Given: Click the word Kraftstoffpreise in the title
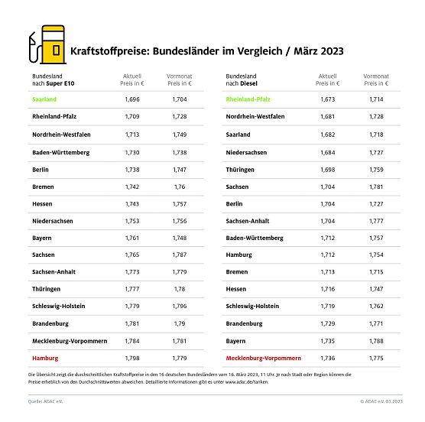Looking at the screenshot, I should [x=102, y=51].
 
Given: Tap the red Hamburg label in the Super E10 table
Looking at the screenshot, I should [x=45, y=357].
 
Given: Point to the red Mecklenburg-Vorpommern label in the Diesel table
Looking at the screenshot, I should [x=264, y=357].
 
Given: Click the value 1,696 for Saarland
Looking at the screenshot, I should [x=131, y=99].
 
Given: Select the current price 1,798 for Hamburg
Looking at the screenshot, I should [x=131, y=357].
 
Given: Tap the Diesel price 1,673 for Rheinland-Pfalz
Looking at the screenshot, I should [x=326, y=99].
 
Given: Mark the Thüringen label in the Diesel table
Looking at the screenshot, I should [x=242, y=168].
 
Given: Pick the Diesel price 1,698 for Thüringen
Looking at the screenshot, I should [x=326, y=168].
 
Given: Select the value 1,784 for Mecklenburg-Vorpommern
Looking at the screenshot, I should [x=131, y=340].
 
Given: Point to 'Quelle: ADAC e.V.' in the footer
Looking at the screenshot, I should [x=46, y=401].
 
